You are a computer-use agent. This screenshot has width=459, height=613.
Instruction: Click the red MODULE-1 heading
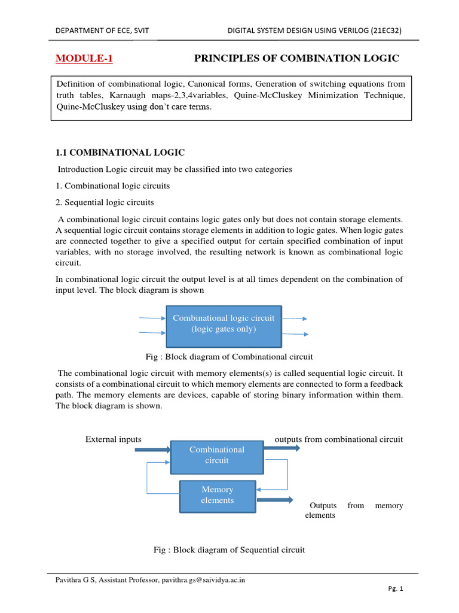pos(84,58)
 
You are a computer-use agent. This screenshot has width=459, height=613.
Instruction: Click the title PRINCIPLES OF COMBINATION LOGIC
pos(296,58)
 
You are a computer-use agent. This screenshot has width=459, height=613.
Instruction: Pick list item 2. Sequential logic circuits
pos(105,202)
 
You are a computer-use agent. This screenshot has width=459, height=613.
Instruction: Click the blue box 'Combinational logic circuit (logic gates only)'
pos(224,324)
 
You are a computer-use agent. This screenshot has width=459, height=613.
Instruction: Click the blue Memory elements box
pos(218,495)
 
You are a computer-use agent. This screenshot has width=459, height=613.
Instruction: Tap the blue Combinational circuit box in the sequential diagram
pos(217,455)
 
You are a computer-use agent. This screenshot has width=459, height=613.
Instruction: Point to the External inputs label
pos(114,439)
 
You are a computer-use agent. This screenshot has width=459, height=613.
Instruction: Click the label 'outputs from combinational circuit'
pos(338,439)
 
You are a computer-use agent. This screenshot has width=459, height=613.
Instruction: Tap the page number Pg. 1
pos(396,589)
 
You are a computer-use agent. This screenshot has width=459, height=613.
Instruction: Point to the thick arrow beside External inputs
pos(152,448)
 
